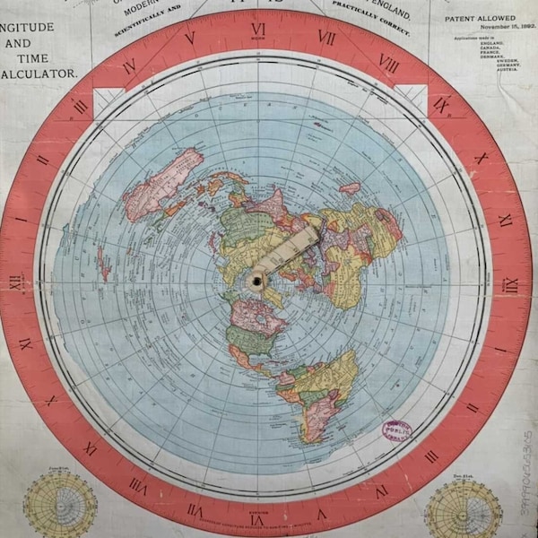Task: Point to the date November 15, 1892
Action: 481,27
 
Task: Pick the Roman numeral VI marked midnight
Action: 257,519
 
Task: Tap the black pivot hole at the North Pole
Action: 257,281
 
